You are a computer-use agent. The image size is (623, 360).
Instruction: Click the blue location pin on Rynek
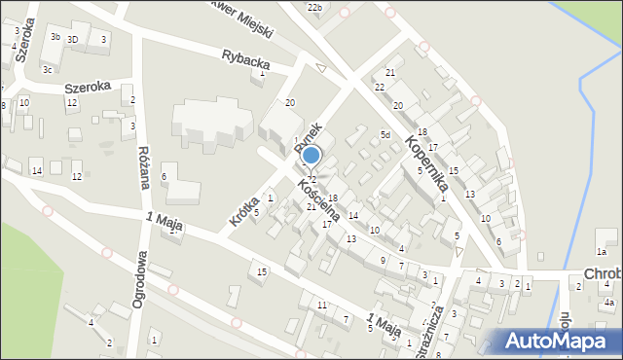[x=311, y=155]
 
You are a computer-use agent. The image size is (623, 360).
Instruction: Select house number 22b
[x=313, y=8]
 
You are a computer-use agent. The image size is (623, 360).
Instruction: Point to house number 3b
[x=55, y=37]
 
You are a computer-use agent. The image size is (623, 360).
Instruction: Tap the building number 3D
[x=72, y=39]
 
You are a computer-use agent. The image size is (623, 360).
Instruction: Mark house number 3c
[x=47, y=70]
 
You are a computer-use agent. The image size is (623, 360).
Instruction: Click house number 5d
[x=385, y=135]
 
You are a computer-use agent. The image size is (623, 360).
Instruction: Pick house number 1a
[x=603, y=252]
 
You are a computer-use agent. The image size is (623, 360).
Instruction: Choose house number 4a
[x=608, y=303]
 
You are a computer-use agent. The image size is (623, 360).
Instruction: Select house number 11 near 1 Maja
[x=321, y=306]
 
